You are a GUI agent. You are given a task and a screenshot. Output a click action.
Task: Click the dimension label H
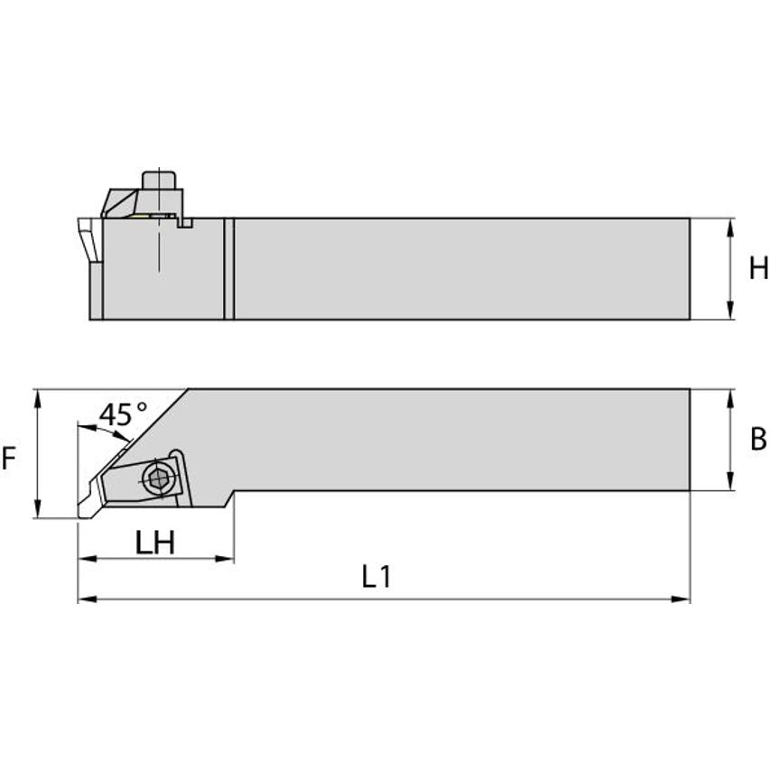pos(758,268)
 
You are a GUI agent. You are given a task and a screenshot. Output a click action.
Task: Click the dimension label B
pos(758,440)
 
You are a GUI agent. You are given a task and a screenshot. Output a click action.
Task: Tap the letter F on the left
pos(9,460)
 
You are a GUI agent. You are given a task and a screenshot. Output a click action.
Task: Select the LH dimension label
pos(154,543)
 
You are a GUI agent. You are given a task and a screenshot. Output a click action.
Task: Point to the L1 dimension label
pos(376,578)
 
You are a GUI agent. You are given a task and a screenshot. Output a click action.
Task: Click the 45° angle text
pos(123,414)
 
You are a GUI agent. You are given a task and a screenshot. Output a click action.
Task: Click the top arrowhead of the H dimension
pos(729,225)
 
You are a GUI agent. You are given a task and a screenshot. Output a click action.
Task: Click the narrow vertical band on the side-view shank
pos(228,268)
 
